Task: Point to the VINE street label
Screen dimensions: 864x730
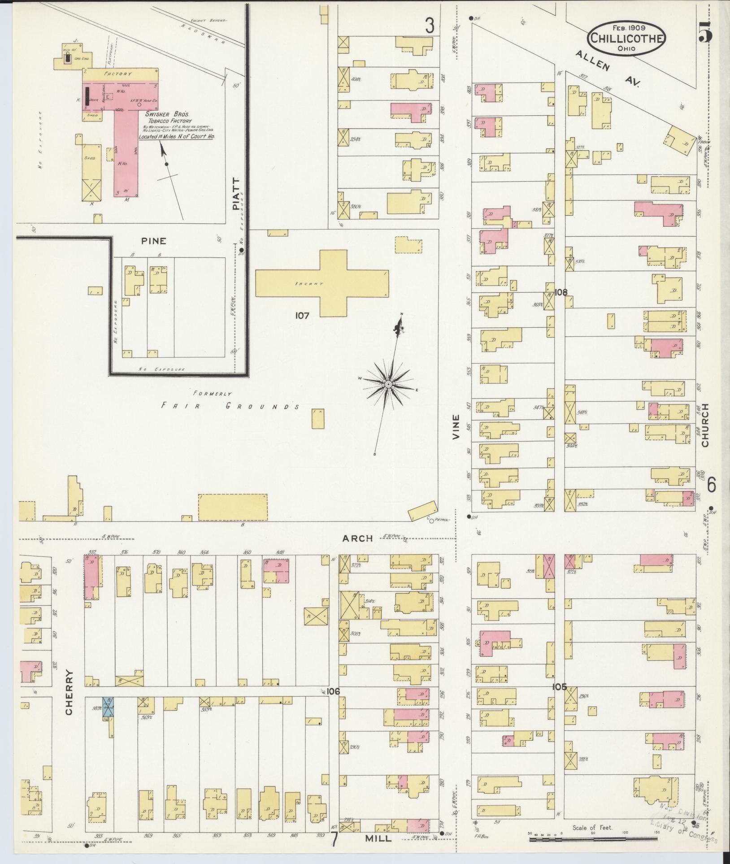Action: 456,426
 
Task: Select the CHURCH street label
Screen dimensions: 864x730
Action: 705,425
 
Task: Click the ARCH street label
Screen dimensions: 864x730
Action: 357,538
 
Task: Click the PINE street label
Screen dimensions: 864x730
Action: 153,241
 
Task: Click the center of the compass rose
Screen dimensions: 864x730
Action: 389,385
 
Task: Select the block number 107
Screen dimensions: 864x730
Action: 302,316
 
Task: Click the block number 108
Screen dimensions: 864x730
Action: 561,292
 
